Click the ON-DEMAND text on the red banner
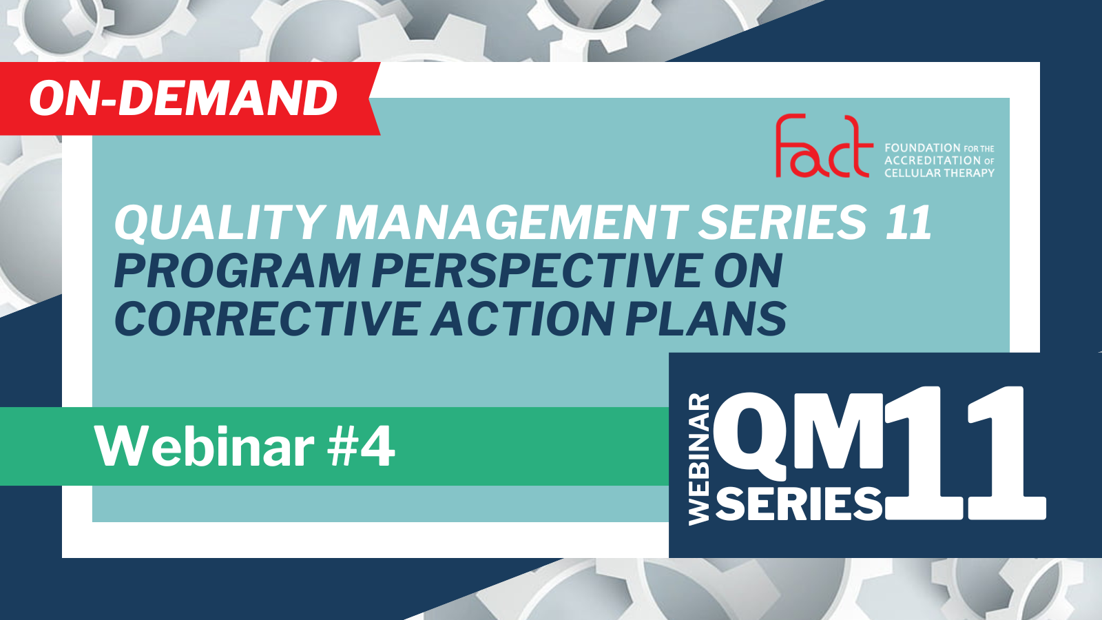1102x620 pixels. click(x=183, y=99)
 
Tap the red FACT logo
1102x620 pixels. click(x=824, y=146)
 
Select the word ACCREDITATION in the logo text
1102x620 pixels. click(x=933, y=161)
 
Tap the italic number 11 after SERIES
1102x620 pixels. click(x=908, y=223)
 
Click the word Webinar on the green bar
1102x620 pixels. click(x=204, y=447)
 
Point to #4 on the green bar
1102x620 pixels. click(x=362, y=447)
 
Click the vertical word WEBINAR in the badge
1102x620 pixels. click(x=699, y=459)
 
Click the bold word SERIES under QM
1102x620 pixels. click(x=800, y=504)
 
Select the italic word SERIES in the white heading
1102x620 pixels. click(x=782, y=223)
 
